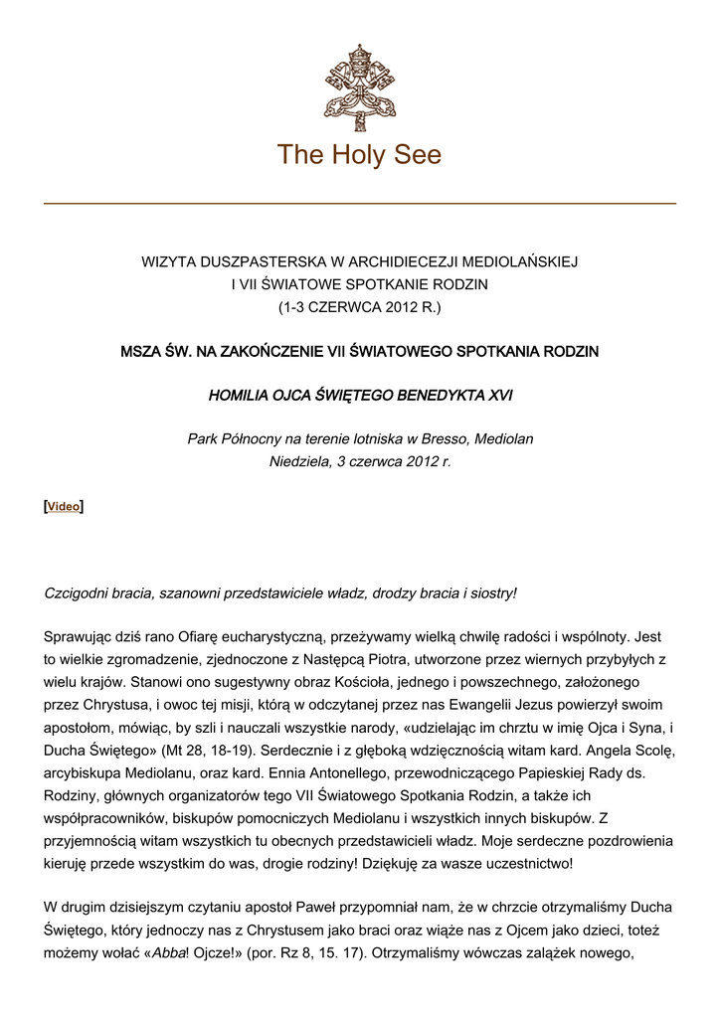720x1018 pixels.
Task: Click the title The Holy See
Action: pos(359,155)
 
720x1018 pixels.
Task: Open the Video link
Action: pos(64,506)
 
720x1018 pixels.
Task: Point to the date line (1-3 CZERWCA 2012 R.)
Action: pos(359,306)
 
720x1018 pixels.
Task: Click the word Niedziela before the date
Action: pos(301,461)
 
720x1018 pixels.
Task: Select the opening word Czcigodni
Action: pos(78,593)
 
